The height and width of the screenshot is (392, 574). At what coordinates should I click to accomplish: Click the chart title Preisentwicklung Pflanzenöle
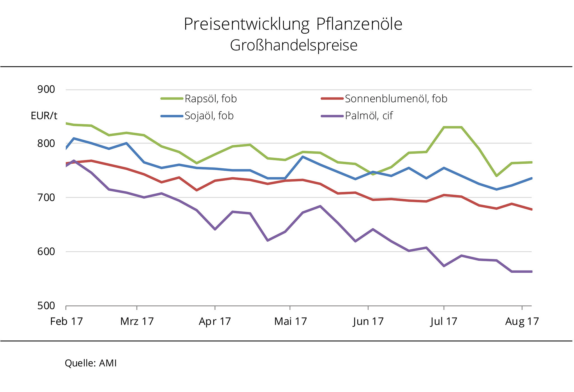[293, 24]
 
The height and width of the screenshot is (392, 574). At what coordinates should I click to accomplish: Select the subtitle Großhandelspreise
[294, 45]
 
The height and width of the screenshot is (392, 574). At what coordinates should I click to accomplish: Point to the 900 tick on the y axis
[46, 89]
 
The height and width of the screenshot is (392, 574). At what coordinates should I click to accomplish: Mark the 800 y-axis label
[46, 143]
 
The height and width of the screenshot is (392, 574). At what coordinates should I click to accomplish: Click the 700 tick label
[46, 198]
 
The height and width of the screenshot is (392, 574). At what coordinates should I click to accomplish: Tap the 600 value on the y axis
[46, 251]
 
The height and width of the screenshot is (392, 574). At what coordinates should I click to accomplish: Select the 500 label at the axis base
[46, 305]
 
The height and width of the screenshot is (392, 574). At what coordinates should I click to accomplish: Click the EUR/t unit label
[44, 116]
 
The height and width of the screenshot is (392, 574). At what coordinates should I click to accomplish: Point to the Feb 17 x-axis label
[66, 321]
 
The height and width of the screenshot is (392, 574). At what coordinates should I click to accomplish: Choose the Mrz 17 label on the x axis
[137, 321]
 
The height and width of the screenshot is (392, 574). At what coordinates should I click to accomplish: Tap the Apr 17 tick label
[215, 321]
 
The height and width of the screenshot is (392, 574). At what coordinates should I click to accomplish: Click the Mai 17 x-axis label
[291, 321]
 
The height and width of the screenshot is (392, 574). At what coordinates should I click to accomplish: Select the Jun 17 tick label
[368, 321]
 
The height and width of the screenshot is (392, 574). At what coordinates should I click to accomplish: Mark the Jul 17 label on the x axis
[444, 321]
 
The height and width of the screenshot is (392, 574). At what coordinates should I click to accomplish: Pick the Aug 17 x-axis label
[522, 321]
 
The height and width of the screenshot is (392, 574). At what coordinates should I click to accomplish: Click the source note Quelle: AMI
[91, 363]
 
